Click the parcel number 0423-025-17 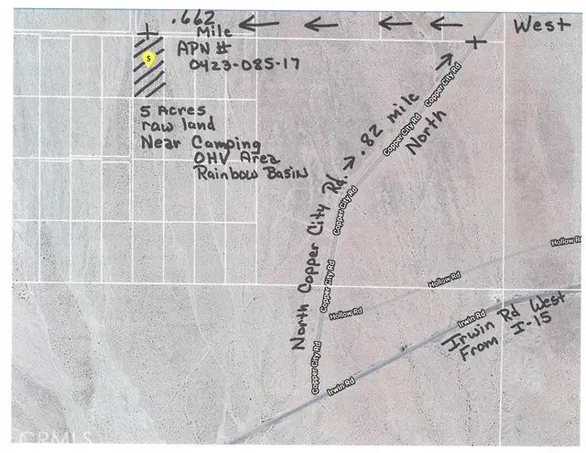click(245, 63)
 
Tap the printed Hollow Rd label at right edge click(564, 241)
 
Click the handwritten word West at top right click(541, 26)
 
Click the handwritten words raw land click(178, 125)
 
